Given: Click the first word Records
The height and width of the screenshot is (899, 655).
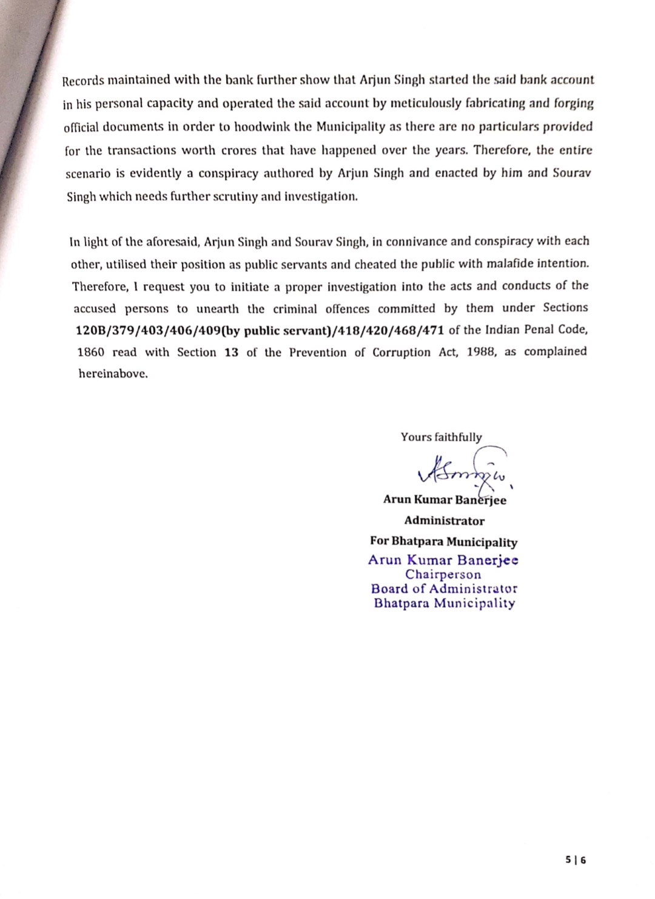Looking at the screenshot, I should click(x=83, y=81).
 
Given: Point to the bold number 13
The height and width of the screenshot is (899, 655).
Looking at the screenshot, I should click(x=231, y=353).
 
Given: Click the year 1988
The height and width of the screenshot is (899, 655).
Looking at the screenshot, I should click(x=482, y=352).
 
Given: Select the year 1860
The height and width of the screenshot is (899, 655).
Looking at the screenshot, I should click(x=91, y=353).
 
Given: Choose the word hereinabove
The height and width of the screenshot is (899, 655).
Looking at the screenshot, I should click(x=113, y=374).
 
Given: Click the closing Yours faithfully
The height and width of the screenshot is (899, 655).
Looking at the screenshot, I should click(x=441, y=437).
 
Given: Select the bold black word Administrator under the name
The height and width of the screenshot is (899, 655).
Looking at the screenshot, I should click(x=445, y=521).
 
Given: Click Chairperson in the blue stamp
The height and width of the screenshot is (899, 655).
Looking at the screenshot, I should click(x=443, y=574).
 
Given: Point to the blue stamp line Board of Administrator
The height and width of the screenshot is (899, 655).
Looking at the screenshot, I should click(x=444, y=589).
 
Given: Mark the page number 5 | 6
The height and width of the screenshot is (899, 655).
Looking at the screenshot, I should click(x=576, y=860).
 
